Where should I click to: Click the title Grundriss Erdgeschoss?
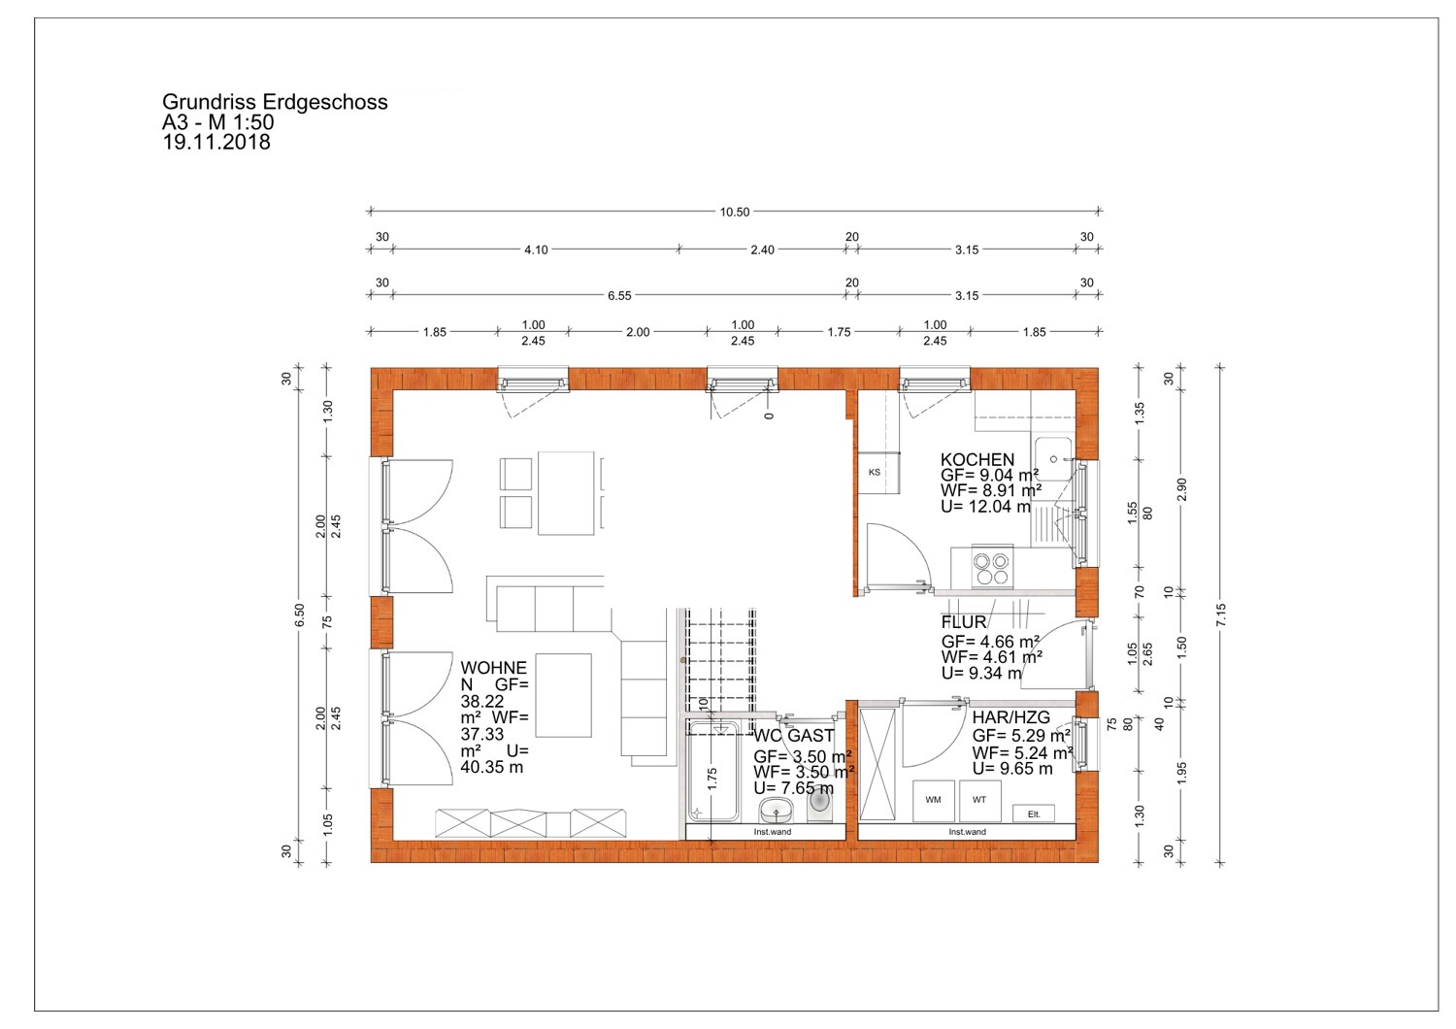(275, 102)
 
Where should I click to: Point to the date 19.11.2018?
(215, 143)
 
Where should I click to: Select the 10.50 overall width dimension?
(735, 212)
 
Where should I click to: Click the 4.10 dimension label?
(536, 249)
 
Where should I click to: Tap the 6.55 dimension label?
(619, 296)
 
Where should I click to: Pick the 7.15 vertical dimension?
(1220, 614)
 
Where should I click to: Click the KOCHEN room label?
(976, 460)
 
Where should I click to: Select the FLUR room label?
(963, 622)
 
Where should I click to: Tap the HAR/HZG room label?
(1010, 717)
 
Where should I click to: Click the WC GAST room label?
(794, 736)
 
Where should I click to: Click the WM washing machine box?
(934, 800)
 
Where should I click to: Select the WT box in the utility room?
(979, 800)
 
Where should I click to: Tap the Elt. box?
(1034, 813)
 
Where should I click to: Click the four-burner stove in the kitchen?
(992, 567)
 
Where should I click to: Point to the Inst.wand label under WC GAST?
(773, 832)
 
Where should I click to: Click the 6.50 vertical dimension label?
(299, 614)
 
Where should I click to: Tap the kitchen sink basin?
(1053, 459)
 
